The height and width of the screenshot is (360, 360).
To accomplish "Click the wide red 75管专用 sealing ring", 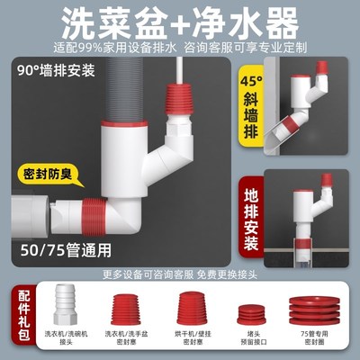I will coord(307,317).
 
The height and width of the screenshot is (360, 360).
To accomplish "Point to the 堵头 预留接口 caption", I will coord(247,346).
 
